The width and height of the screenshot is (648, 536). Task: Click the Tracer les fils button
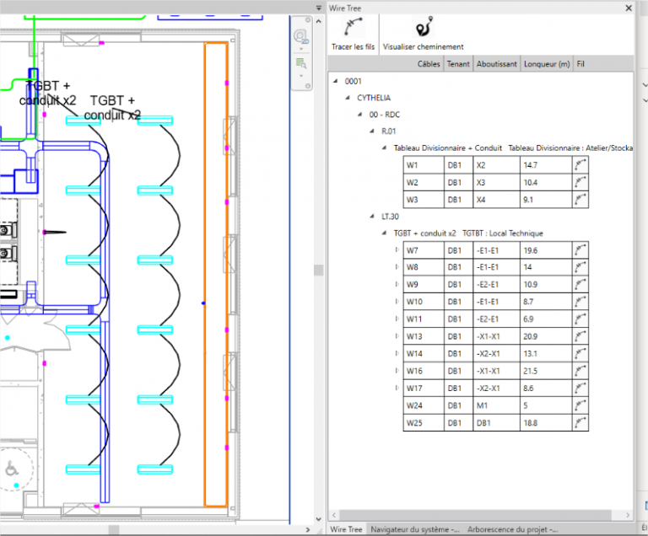point(353,34)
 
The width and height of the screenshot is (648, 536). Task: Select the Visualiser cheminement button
point(424,34)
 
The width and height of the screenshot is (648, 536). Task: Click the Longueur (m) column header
point(547,64)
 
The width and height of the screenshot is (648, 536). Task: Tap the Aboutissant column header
point(497,64)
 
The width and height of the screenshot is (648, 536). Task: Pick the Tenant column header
point(458,64)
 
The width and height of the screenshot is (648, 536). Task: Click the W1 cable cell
point(424,165)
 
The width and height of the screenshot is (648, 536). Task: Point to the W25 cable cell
point(424,423)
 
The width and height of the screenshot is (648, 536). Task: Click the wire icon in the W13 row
point(580,336)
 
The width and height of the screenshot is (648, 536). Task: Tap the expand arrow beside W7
point(397,250)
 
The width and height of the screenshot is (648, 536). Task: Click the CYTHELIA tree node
point(374,98)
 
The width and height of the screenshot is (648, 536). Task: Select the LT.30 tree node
point(390,217)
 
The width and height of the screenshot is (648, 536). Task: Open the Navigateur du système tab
point(414,529)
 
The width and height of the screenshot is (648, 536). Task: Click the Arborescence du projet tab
point(512,529)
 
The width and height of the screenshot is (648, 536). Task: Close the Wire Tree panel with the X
point(629,8)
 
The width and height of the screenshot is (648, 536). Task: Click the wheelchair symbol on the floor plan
point(12,469)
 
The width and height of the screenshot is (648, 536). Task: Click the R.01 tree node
point(388,131)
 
